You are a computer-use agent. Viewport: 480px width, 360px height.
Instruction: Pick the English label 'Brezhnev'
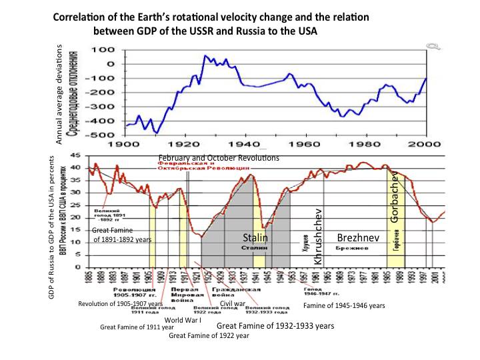pyautogui.click(x=354, y=237)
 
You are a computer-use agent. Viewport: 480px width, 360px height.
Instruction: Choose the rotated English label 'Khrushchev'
pyautogui.click(x=318, y=237)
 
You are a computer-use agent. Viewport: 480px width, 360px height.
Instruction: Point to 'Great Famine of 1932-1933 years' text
pyautogui.click(x=275, y=326)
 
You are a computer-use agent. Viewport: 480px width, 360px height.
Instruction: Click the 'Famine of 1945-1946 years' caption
pyautogui.click(x=344, y=306)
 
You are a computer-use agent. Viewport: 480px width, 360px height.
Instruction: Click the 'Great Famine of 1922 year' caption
pyautogui.click(x=209, y=335)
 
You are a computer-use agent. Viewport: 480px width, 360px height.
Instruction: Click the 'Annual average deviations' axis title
pyautogui.click(x=59, y=96)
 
